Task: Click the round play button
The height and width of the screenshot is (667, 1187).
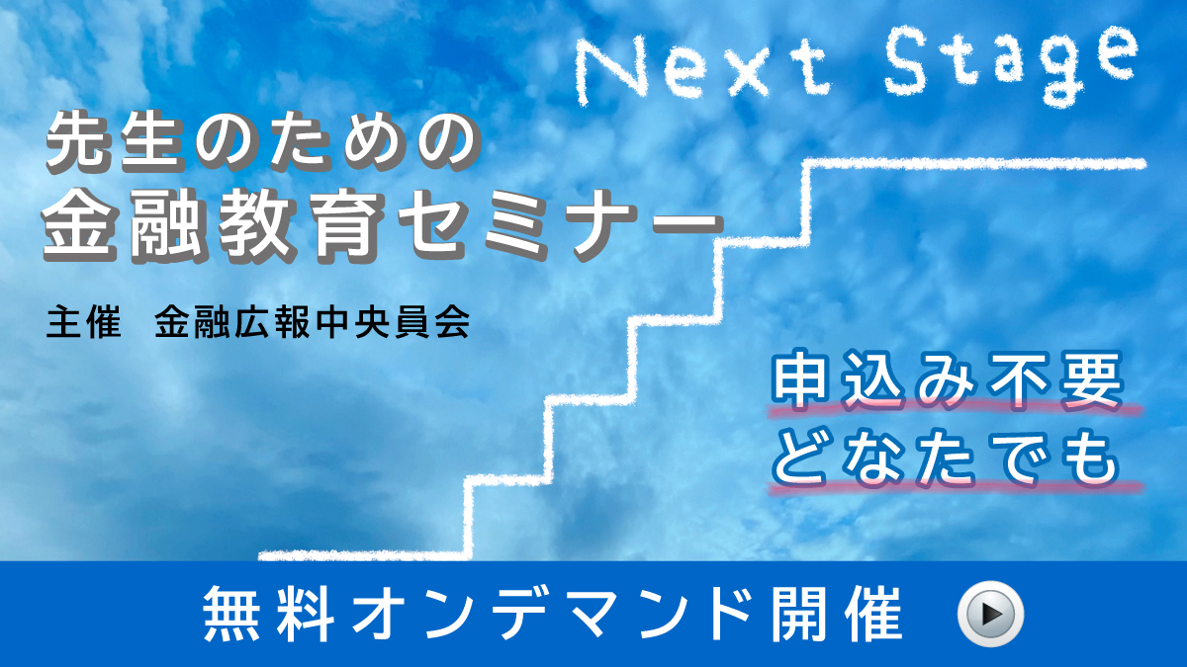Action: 990,614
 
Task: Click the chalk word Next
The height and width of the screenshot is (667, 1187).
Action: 702,70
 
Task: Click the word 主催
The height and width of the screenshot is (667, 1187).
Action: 83,321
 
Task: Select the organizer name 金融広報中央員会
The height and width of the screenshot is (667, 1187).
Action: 313,321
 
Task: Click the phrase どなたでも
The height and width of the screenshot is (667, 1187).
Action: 947,459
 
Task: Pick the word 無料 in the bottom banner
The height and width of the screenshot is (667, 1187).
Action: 269,614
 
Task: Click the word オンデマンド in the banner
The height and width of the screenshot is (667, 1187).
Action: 553,614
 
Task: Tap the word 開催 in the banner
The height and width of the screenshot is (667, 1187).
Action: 837,614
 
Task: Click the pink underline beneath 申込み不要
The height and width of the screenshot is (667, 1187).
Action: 955,410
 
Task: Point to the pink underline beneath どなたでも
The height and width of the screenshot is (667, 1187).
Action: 955,488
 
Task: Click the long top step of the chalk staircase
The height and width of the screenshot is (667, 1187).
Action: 974,165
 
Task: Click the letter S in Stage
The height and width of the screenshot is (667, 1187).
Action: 907,65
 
